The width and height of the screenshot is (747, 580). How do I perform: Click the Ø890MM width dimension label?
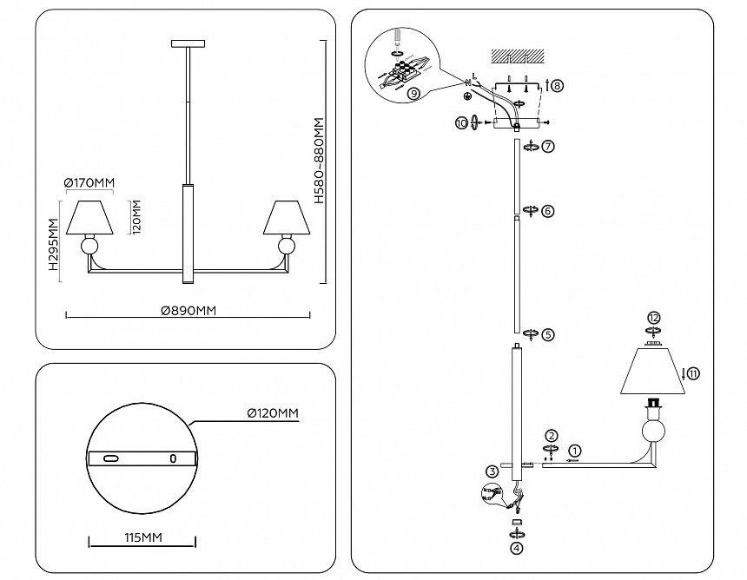click(188, 311)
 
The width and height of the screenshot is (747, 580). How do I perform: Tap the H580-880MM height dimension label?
click(319, 161)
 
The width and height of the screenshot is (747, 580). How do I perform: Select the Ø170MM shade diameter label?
click(89, 183)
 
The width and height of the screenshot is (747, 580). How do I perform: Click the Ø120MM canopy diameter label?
click(273, 412)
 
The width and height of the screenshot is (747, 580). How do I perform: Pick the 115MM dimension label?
click(143, 537)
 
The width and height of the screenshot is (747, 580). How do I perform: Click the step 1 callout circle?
click(576, 450)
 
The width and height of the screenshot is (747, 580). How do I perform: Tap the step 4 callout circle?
click(517, 548)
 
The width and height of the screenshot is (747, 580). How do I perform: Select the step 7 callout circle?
click(548, 146)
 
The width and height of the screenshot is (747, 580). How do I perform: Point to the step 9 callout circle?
click(414, 93)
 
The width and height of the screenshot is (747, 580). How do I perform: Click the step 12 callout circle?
click(653, 318)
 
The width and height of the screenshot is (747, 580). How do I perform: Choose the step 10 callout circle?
click(461, 122)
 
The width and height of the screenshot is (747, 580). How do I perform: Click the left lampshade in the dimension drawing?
click(89, 218)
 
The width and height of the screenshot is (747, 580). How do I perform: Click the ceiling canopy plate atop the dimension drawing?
click(188, 43)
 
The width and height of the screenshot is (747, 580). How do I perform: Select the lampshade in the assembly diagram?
click(652, 371)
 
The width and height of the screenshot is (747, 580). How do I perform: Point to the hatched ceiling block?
click(518, 56)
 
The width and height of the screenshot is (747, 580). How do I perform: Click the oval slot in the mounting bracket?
click(111, 458)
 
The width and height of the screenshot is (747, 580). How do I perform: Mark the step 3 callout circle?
click(492, 472)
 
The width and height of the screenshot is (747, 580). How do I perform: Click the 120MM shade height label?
click(136, 217)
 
